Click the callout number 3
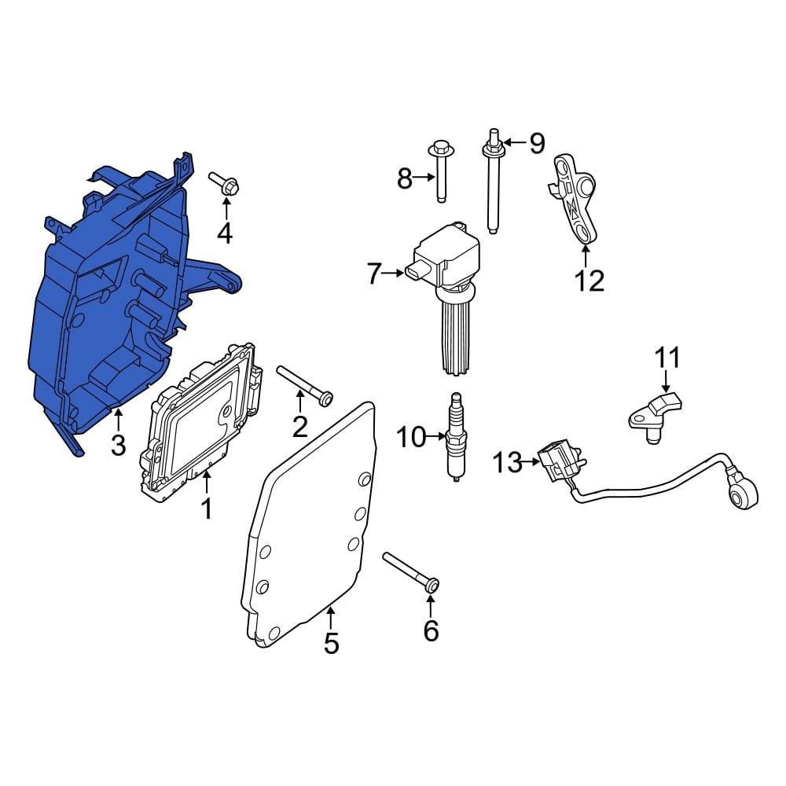(119, 445)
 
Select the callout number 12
(589, 281)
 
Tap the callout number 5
(332, 643)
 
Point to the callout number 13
(508, 462)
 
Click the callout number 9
(538, 143)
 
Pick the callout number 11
(667, 358)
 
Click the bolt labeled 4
(224, 183)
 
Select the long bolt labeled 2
(305, 385)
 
